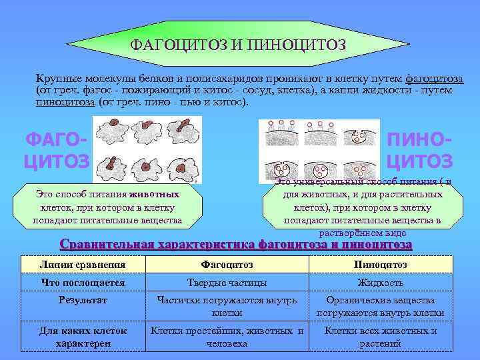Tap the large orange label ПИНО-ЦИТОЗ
(419, 151)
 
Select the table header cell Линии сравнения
(83, 265)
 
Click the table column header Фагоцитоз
(226, 265)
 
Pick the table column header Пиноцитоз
(380, 265)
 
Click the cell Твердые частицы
(226, 283)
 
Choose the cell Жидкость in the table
(380, 283)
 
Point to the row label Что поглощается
(83, 283)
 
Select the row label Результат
(83, 301)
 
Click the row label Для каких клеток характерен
(83, 337)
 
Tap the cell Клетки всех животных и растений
(380, 337)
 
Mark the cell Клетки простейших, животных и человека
(227, 337)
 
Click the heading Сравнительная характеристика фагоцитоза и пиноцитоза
(236, 244)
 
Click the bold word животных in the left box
(154, 194)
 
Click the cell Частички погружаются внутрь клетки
(226, 307)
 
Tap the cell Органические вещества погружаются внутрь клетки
(380, 307)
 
